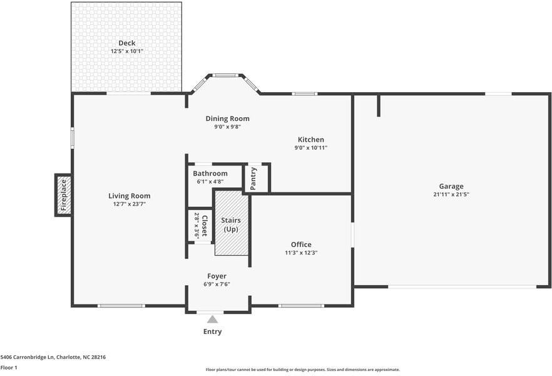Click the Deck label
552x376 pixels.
pyautogui.click(x=126, y=43)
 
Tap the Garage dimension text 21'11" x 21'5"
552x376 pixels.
pyautogui.click(x=451, y=194)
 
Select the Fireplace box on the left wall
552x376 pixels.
pyautogui.click(x=63, y=195)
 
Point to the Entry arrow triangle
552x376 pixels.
pyautogui.click(x=212, y=320)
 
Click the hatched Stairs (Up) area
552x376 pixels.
pyautogui.click(x=232, y=223)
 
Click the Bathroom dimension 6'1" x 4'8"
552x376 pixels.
pyautogui.click(x=210, y=182)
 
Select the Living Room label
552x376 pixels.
pyautogui.click(x=129, y=196)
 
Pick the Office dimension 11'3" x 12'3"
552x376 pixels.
pyautogui.click(x=301, y=253)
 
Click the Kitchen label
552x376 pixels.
pyautogui.click(x=310, y=140)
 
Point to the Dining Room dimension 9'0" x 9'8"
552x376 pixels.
pyautogui.click(x=227, y=127)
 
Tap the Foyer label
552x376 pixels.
pyautogui.click(x=217, y=276)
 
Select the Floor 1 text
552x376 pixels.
pyautogui.click(x=9, y=367)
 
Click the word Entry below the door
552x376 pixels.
pyautogui.click(x=212, y=332)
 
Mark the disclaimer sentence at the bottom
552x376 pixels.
pyautogui.click(x=302, y=370)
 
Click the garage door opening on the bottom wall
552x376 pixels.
pyautogui.click(x=461, y=286)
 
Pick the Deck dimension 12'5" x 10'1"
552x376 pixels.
pyautogui.click(x=126, y=51)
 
